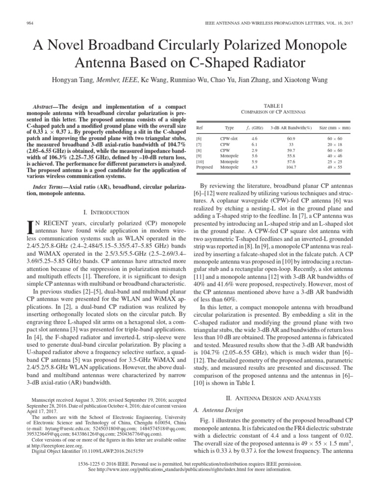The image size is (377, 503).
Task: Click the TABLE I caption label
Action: pos(273,106)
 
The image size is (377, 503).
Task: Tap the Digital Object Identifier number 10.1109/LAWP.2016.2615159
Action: pos(105,450)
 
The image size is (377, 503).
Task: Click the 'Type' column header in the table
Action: pos(229,127)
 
